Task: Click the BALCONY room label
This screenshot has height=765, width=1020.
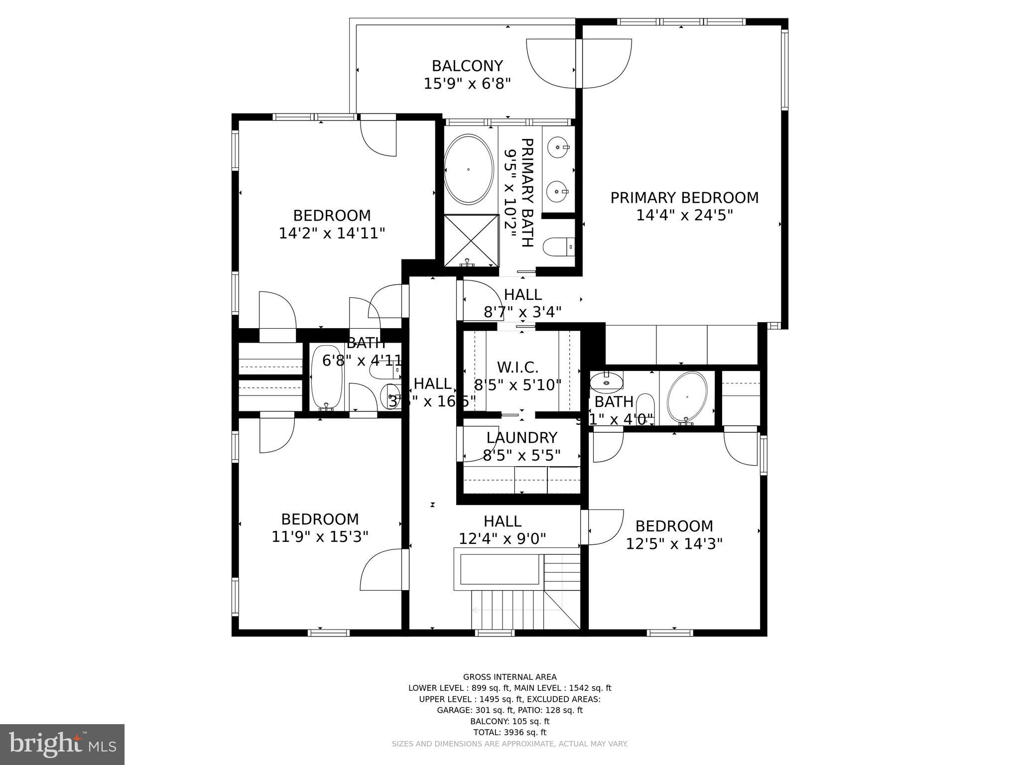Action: point(467,66)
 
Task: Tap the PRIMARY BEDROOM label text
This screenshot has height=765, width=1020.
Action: point(684,198)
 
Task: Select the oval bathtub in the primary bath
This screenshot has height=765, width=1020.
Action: point(468,169)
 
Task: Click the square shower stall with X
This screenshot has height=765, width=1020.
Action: point(471,240)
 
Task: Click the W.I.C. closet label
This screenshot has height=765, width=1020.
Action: point(517,368)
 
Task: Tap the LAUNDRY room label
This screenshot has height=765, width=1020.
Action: point(521,438)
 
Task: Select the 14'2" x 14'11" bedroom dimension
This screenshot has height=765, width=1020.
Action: point(332,233)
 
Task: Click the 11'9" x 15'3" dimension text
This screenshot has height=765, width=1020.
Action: point(320,537)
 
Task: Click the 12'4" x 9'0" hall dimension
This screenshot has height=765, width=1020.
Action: point(502,539)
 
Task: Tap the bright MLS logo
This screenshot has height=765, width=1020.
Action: point(62,744)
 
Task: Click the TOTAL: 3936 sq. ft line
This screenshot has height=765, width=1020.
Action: point(510,732)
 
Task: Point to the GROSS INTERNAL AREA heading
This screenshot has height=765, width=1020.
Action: point(510,677)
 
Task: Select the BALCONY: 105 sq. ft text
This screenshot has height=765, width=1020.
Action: point(510,721)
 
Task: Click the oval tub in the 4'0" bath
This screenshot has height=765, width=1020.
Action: point(687,397)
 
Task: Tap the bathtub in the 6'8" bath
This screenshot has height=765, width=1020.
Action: point(327,377)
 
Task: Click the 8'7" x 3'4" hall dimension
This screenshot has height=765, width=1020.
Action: point(522,312)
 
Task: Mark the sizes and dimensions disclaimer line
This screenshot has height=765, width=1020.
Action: point(510,744)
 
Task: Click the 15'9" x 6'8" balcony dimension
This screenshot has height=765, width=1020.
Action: point(467,84)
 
